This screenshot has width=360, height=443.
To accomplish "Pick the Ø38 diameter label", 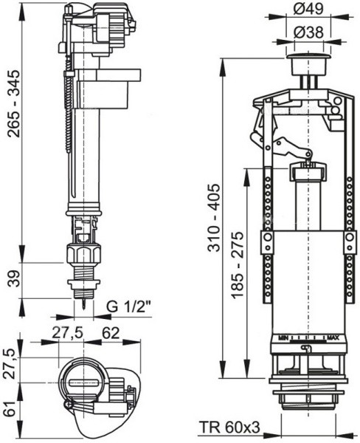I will click(x=308, y=33).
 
